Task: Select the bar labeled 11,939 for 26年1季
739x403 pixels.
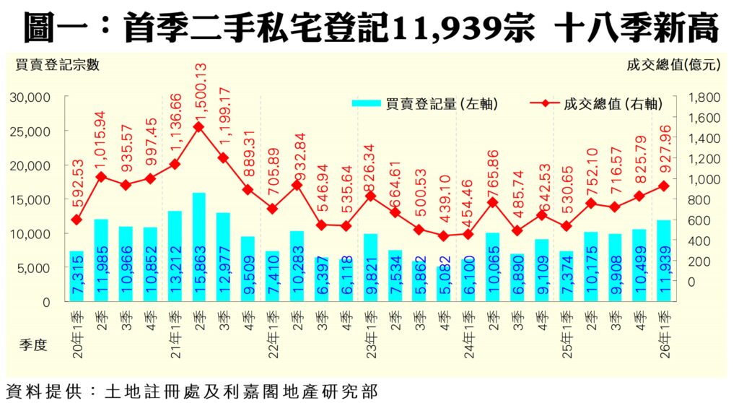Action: click(664, 261)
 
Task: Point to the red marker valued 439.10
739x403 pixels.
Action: click(444, 236)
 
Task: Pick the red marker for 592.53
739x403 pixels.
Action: click(76, 220)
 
